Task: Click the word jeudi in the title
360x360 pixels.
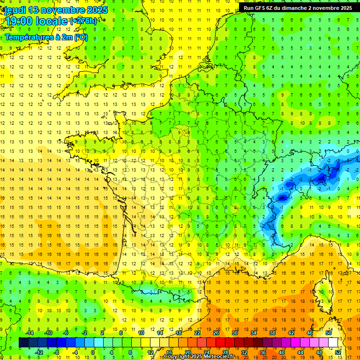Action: point(15,10)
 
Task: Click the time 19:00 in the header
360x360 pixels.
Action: point(19,21)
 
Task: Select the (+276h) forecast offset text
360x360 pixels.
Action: point(83,21)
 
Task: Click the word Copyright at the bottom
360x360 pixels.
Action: point(178,357)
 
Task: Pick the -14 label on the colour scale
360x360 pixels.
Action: point(30,333)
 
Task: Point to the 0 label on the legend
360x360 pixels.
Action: point(92,352)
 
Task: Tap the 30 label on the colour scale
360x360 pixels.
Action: point(234,333)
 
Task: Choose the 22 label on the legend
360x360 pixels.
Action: point(198,333)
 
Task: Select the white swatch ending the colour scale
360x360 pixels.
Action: point(333,343)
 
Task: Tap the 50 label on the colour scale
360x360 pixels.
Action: point(328,333)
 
